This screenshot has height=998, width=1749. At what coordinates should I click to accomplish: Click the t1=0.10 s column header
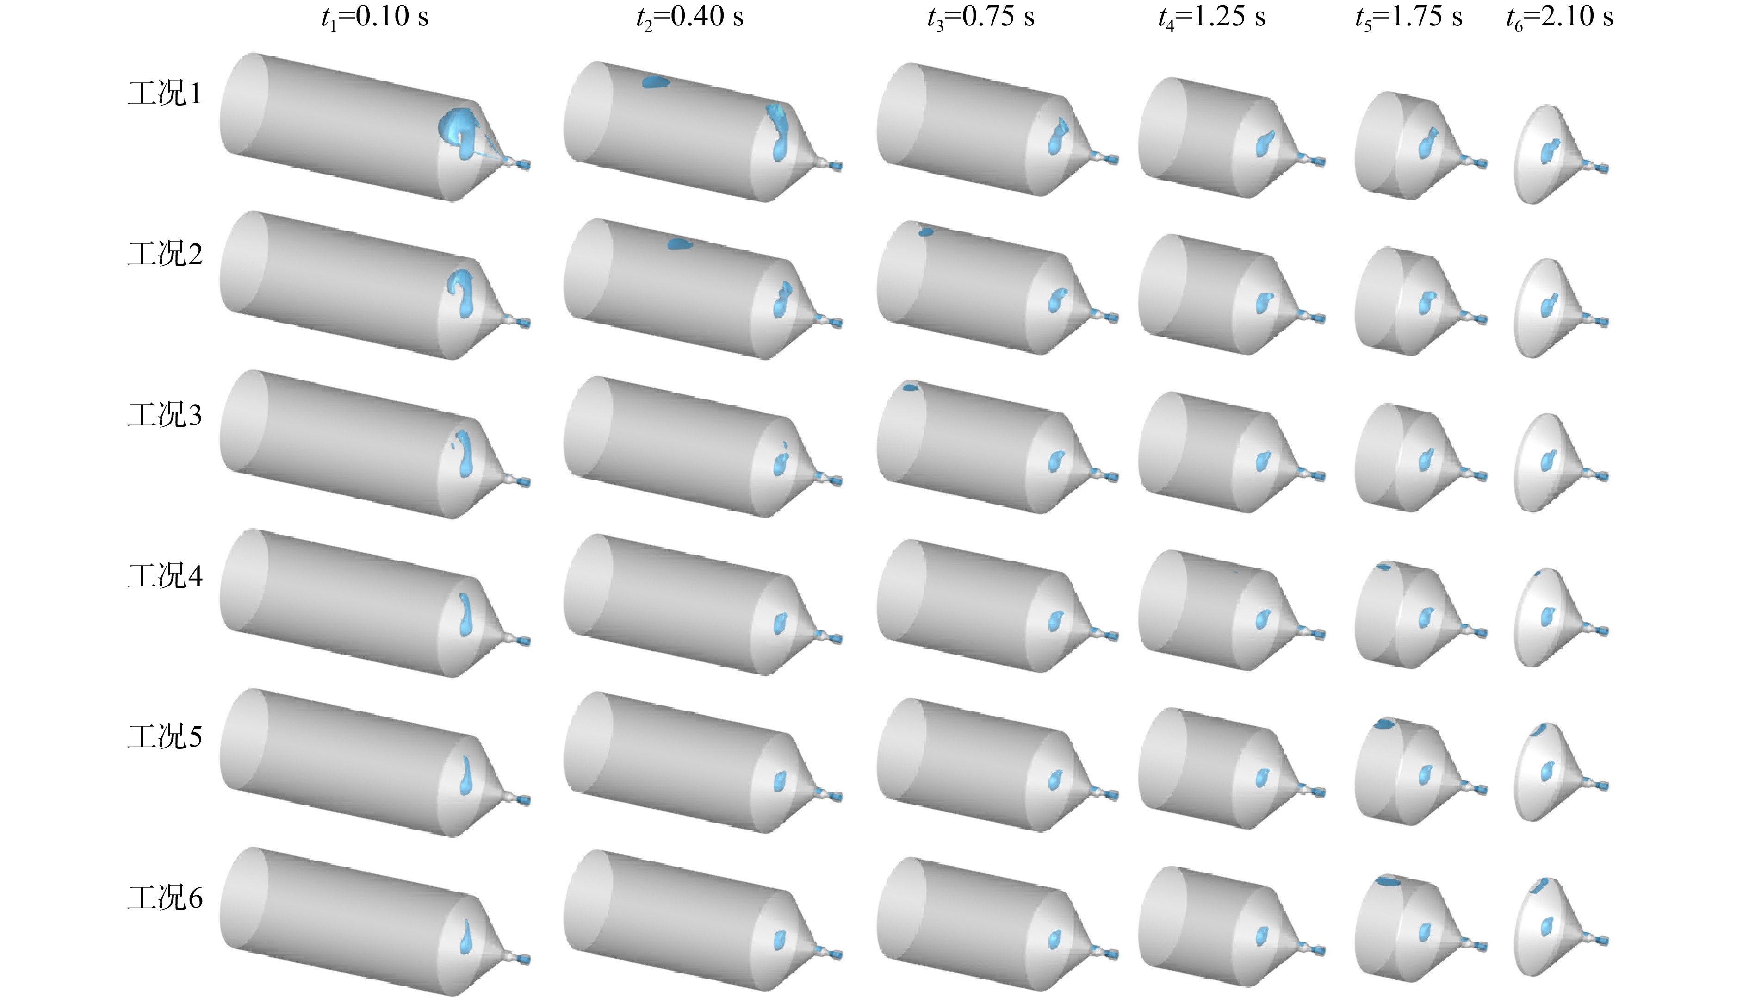pos(375,17)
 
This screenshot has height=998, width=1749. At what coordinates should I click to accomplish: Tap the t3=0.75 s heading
pos(980,17)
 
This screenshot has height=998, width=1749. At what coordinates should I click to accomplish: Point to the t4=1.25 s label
pos(1211,17)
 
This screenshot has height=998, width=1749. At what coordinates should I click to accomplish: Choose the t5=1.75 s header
pos(1408,17)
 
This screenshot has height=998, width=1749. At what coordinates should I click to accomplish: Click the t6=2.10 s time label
pos(1559,17)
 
